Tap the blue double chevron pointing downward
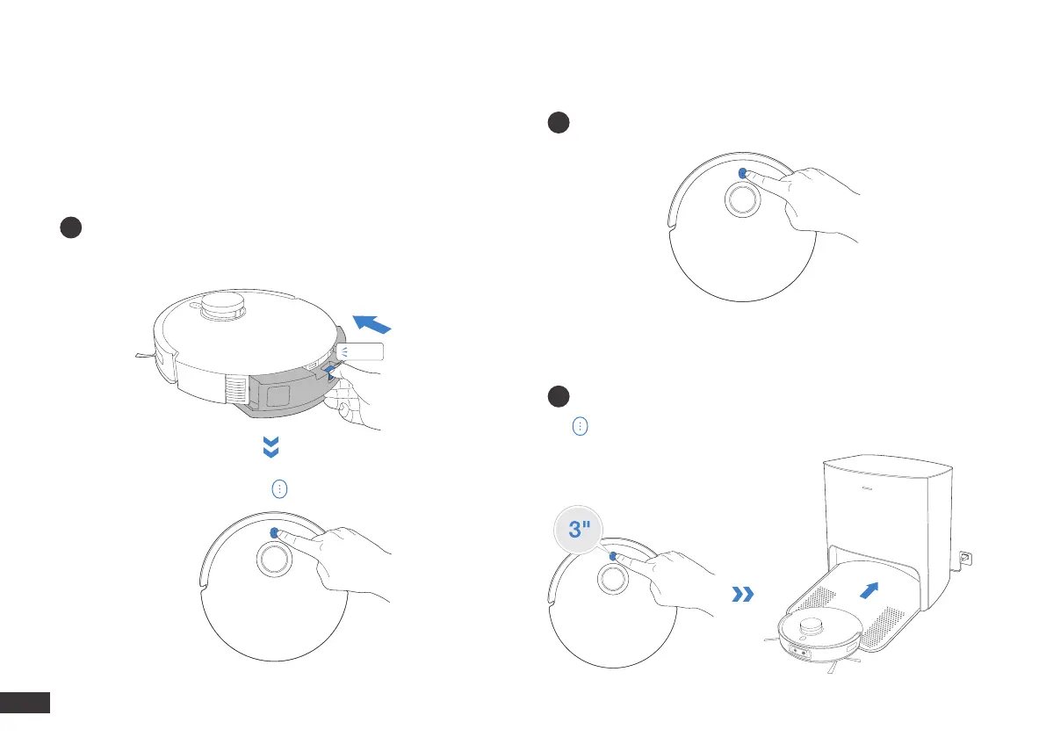point(272,450)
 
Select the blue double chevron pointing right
point(742,596)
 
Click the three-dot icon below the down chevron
point(278,489)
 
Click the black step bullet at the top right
point(557,124)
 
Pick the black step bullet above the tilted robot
point(71,227)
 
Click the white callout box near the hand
point(361,352)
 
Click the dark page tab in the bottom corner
point(25,703)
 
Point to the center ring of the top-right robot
point(743,200)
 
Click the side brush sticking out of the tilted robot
point(143,357)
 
